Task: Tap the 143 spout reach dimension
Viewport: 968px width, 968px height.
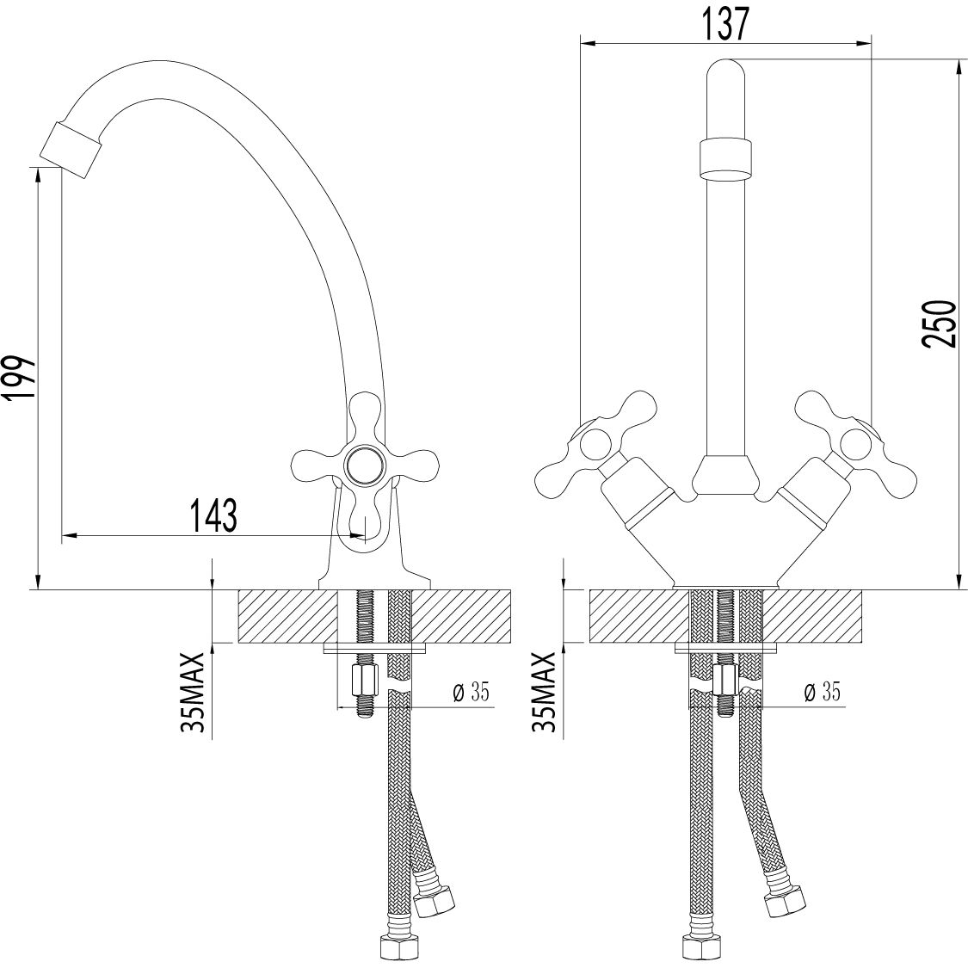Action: pos(213,516)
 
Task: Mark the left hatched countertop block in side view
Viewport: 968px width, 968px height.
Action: pos(287,616)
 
